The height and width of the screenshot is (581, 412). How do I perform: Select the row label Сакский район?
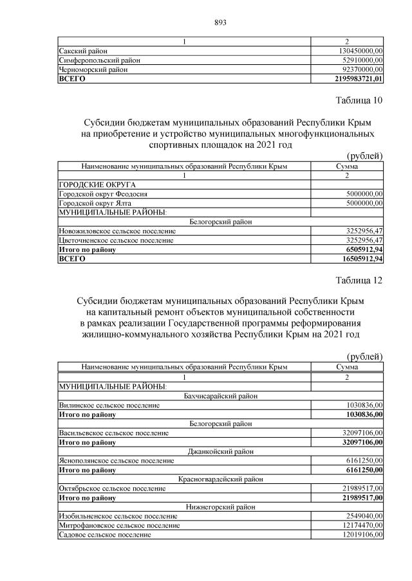[x=83, y=51]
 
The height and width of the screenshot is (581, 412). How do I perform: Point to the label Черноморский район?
[x=93, y=69]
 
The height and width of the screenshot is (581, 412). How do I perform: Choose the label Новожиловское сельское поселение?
[x=117, y=231]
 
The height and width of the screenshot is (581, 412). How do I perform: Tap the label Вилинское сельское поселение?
[x=109, y=406]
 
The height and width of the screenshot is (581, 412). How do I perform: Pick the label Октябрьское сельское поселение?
[x=112, y=488]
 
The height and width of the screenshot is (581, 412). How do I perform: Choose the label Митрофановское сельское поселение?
[x=119, y=525]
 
